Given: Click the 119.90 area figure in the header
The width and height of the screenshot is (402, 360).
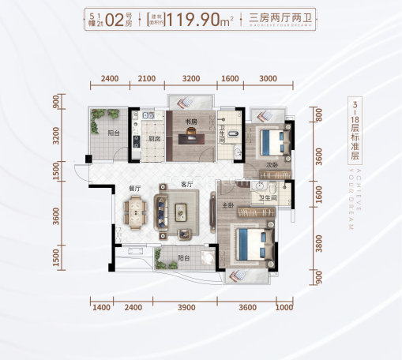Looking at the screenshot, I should coord(212,19).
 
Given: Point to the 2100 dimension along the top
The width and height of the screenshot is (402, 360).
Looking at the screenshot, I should coord(148,79).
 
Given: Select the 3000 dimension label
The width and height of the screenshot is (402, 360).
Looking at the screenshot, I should coord(267,79).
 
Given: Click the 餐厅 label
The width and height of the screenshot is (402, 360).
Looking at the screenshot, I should coord(134,189).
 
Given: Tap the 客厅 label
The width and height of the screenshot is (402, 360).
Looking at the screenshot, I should coord(187,186).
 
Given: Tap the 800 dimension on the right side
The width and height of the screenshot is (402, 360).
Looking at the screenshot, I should coord(318,116).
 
